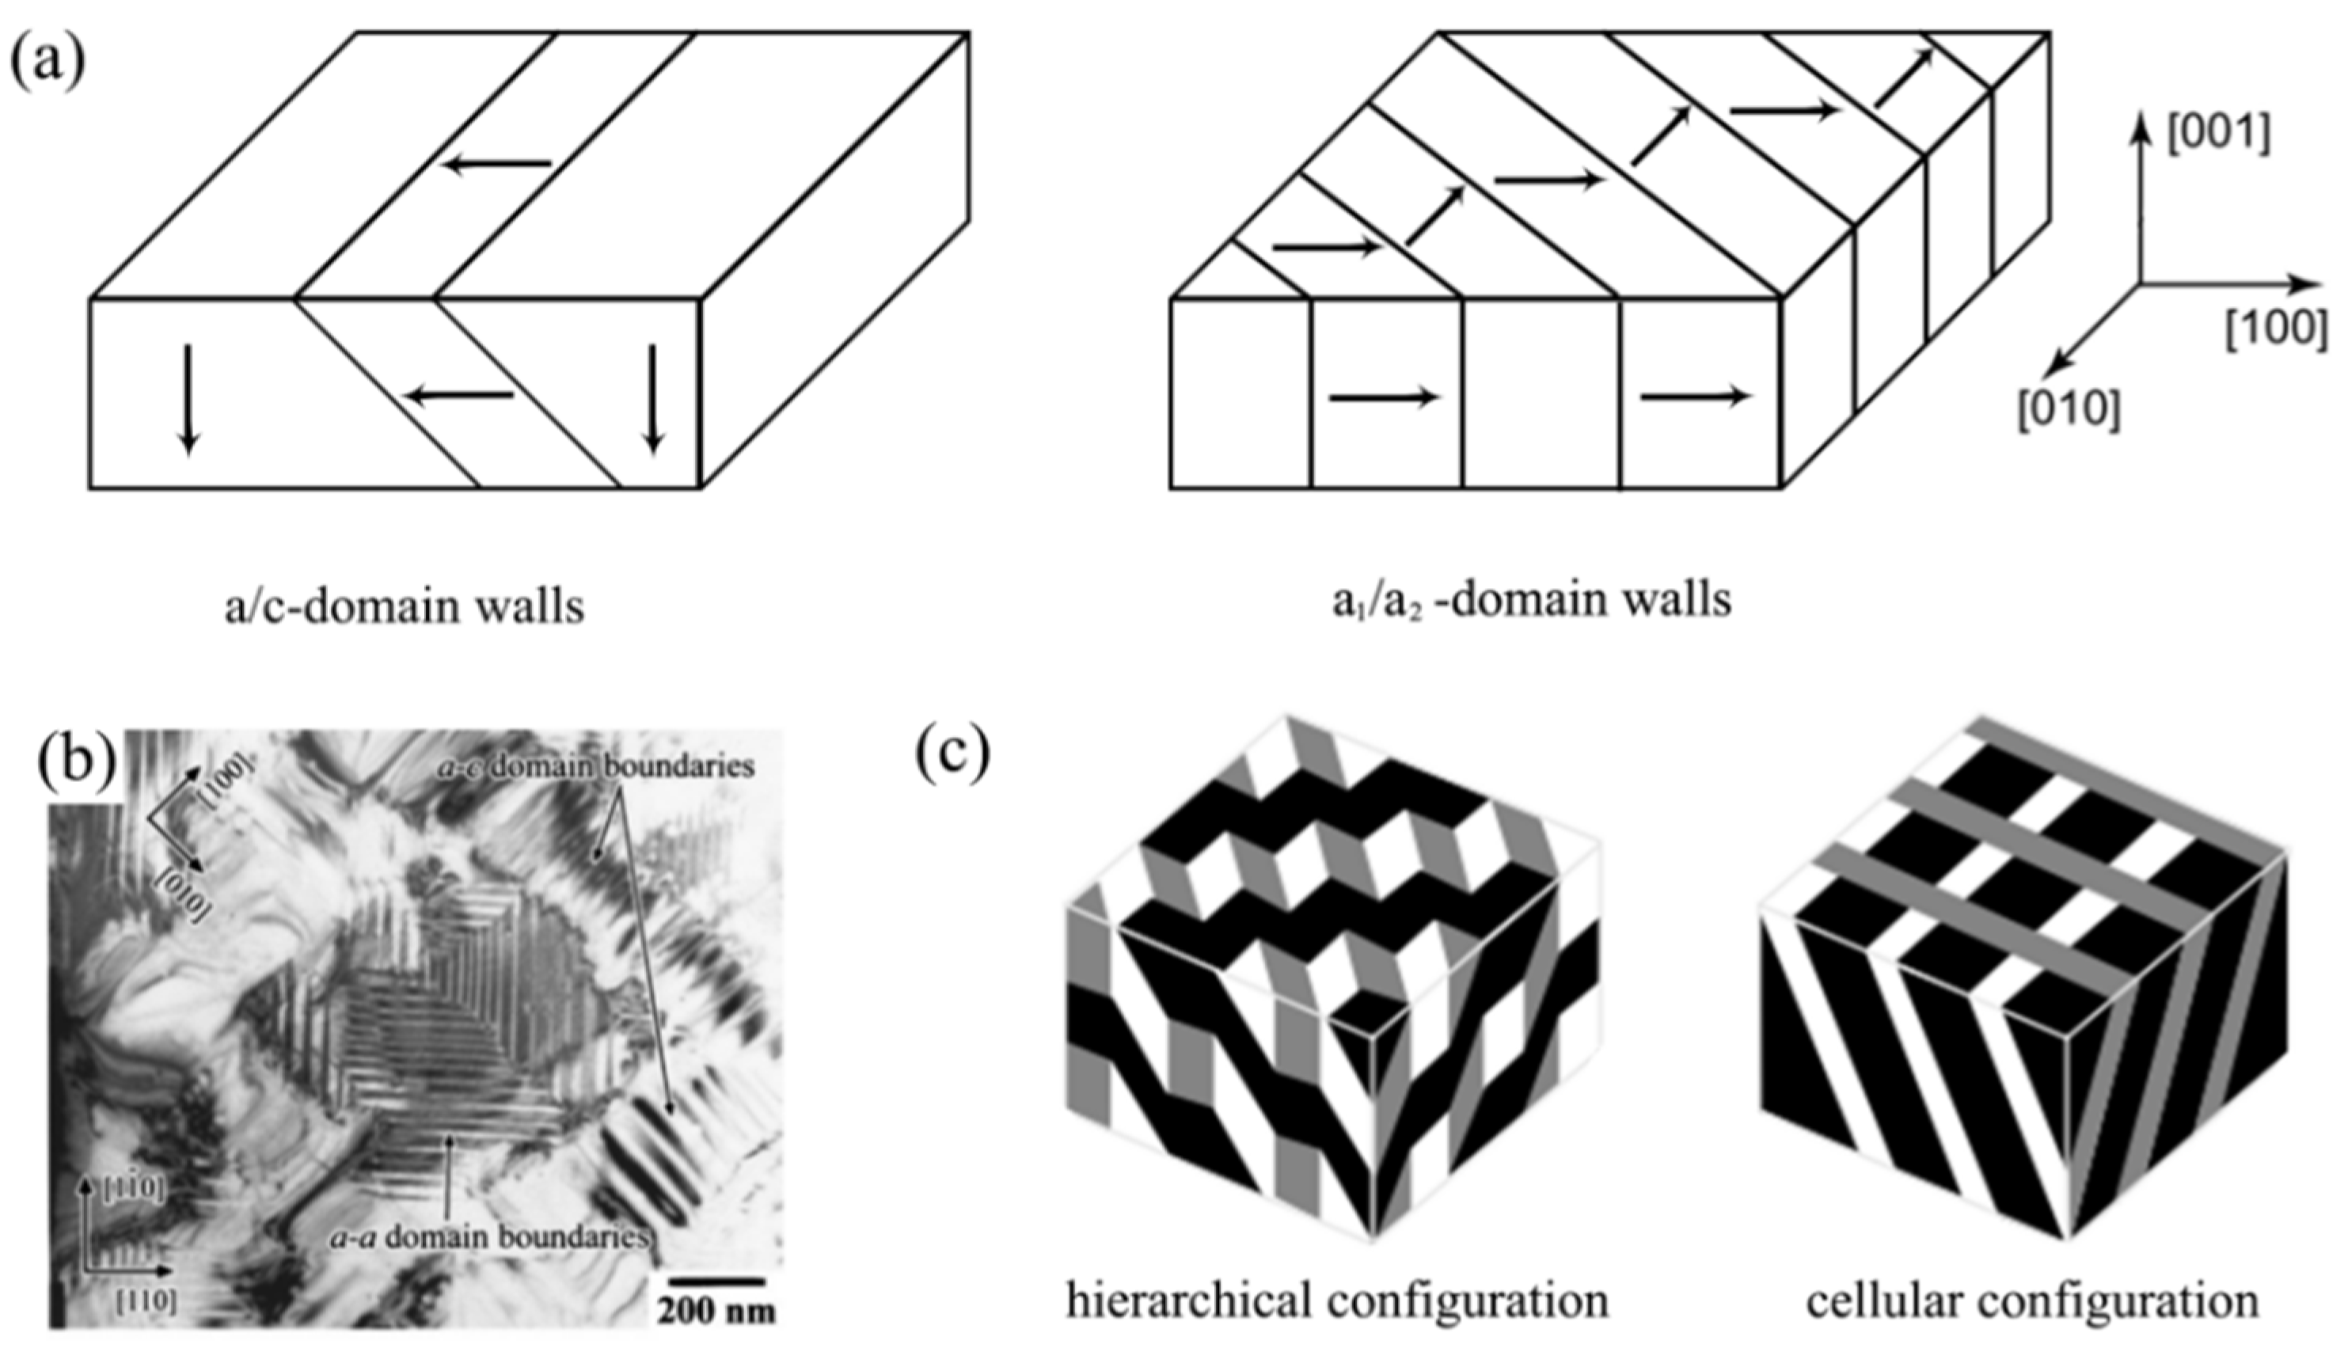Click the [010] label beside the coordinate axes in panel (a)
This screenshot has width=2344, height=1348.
(2069, 408)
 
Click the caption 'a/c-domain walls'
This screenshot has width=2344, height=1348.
(405, 606)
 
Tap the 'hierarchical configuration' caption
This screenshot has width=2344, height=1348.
(1337, 1299)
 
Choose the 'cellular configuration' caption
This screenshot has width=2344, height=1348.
(2032, 1300)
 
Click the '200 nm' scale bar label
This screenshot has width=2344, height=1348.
(716, 1309)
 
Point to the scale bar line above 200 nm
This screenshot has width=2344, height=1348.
(716, 1282)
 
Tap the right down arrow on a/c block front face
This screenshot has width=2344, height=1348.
(654, 399)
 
